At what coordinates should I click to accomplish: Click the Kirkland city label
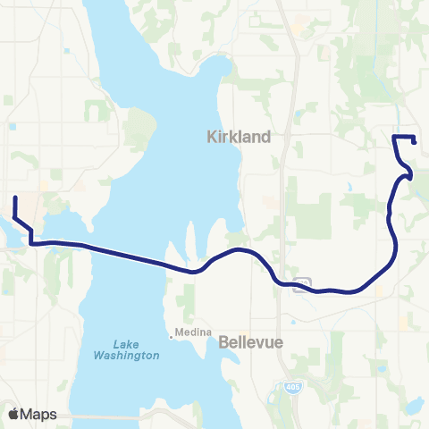[x=238, y=137]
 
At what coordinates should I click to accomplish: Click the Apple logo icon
[x=13, y=414]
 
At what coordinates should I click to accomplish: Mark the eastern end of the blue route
[x=416, y=140]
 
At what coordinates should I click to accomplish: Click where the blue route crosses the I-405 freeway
[x=284, y=283]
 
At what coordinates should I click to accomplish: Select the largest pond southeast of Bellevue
[x=413, y=407]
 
